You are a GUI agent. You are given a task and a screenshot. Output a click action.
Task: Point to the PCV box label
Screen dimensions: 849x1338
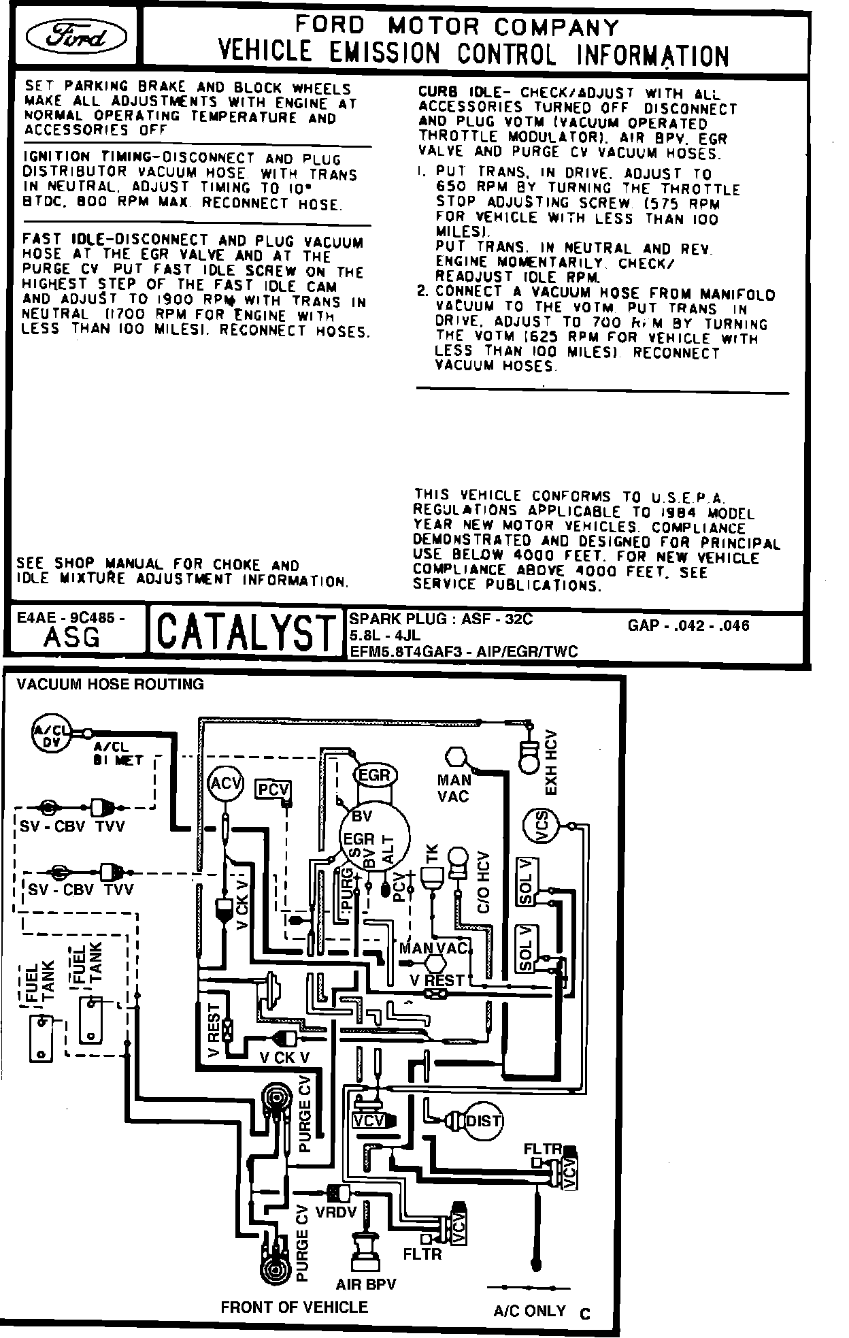point(273,790)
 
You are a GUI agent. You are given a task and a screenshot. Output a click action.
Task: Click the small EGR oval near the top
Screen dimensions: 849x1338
point(374,775)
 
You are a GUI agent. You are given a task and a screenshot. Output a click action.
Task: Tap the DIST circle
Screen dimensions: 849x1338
point(482,1121)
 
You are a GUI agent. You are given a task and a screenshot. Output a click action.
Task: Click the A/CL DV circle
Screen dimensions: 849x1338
point(52,736)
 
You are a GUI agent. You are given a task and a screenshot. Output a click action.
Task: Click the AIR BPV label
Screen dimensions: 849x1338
point(366,1284)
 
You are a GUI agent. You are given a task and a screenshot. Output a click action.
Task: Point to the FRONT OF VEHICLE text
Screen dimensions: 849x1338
point(294,1307)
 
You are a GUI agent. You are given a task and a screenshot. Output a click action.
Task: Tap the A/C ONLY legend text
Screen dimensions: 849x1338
point(529,1311)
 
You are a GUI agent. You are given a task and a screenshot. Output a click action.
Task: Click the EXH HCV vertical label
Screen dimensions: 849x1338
point(551,762)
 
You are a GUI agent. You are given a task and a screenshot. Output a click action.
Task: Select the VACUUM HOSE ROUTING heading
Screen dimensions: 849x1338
point(110,684)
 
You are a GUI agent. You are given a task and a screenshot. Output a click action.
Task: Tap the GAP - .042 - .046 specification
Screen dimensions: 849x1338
point(688,625)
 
